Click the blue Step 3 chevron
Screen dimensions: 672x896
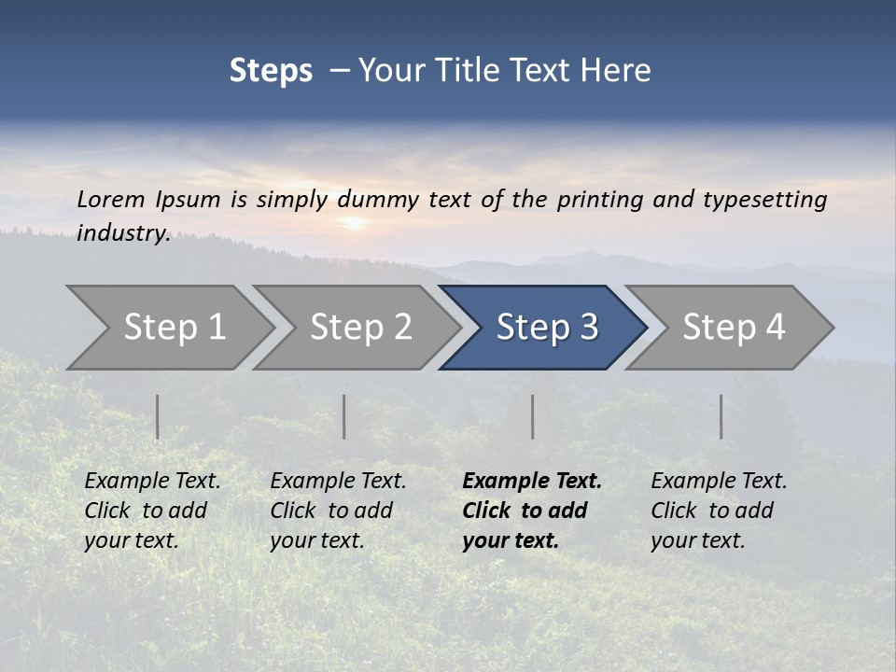(546, 328)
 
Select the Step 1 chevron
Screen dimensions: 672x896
(174, 328)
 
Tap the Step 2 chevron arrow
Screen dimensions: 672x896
(360, 328)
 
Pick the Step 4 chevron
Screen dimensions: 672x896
(733, 328)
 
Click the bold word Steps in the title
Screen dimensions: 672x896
(271, 71)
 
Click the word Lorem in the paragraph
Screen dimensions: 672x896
(106, 200)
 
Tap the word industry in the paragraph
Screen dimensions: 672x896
(122, 233)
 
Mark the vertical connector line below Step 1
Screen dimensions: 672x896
(157, 416)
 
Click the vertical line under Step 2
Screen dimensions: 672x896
(343, 416)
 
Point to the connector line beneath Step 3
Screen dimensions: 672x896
(532, 416)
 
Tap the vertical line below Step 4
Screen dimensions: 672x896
(721, 416)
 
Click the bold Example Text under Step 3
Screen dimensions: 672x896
(532, 482)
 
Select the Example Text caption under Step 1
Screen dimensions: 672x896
(152, 482)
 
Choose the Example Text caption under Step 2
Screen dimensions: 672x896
(338, 482)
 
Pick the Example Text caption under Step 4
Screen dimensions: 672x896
(719, 482)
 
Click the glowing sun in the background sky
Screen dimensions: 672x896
(353, 223)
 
